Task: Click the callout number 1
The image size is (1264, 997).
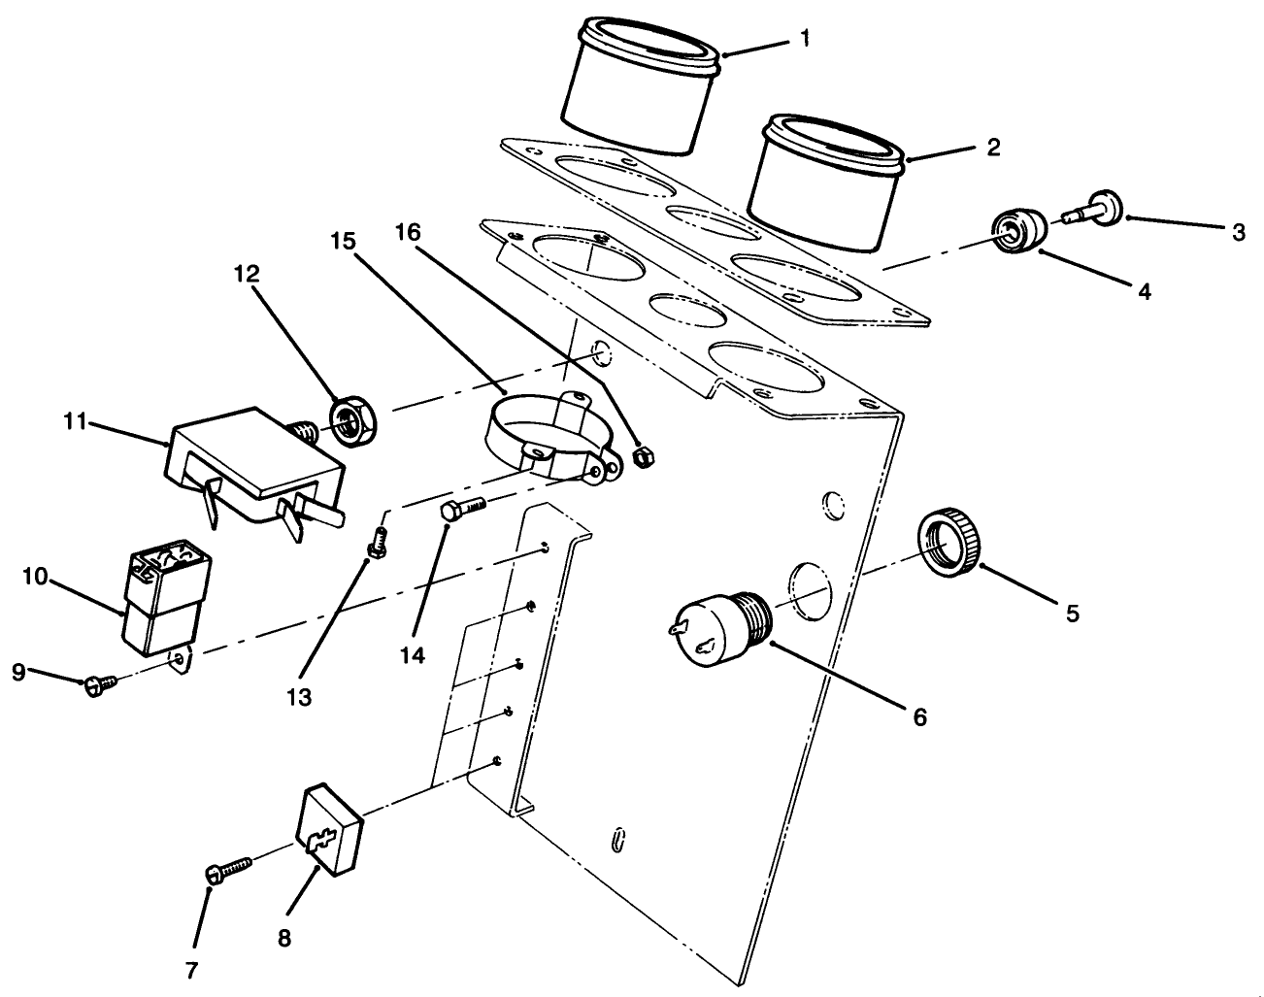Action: pyautogui.click(x=805, y=39)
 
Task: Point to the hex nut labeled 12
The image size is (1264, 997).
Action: pyautogui.click(x=349, y=419)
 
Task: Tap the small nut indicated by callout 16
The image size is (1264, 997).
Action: pyautogui.click(x=641, y=456)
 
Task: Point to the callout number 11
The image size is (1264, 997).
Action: pyautogui.click(x=77, y=422)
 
